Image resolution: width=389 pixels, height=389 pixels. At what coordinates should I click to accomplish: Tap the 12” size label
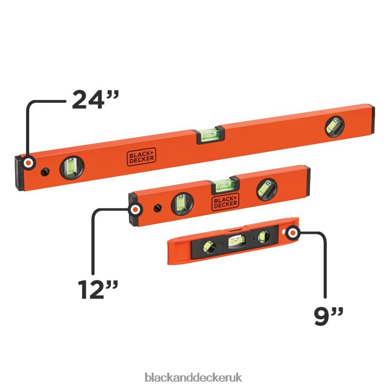tap(98, 290)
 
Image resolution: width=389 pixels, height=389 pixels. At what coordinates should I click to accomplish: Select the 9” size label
tap(328, 316)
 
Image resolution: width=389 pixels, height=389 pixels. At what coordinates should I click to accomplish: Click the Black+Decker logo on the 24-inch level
tap(142, 157)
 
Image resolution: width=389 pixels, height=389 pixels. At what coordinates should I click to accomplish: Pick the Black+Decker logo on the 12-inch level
tap(225, 202)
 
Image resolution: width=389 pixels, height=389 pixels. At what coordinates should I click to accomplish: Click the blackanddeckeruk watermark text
tap(193, 377)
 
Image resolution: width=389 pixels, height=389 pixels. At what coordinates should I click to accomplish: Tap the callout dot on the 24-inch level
tap(28, 163)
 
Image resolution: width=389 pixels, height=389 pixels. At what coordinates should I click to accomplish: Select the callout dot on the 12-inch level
tap(136, 210)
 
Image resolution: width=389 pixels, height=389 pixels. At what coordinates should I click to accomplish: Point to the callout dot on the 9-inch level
tap(293, 233)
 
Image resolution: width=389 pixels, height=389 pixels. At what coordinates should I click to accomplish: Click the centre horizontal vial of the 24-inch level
tap(210, 135)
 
